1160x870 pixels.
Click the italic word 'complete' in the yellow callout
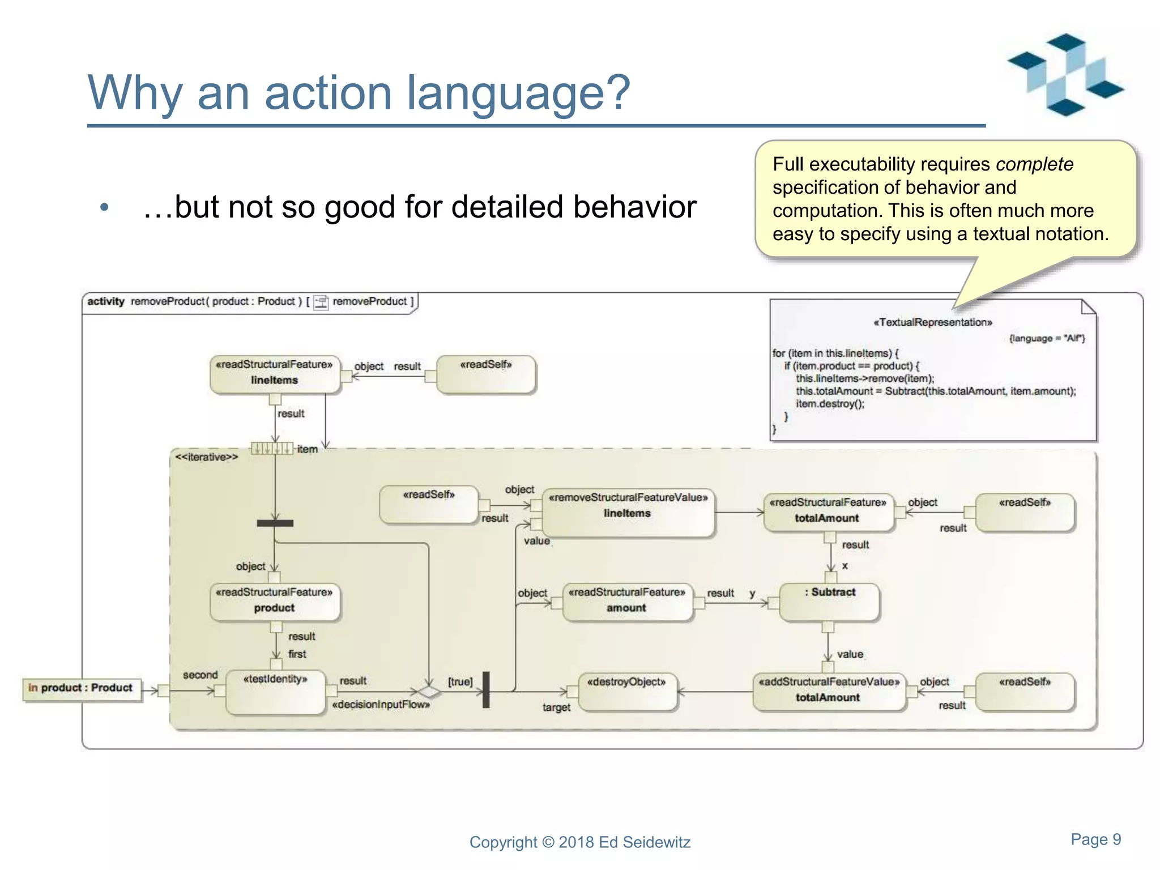[1034, 164]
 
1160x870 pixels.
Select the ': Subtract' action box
[829, 602]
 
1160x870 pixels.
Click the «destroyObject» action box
[628, 691]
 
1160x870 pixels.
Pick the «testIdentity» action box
[275, 692]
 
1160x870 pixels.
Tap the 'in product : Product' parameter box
[82, 688]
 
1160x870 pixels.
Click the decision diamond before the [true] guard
[429, 692]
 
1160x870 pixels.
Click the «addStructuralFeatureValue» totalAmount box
[828, 690]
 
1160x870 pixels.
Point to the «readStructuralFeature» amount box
[626, 602]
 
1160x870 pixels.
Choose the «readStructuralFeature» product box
[275, 602]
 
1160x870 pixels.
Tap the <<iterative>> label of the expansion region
[206, 457]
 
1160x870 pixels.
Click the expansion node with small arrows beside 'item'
[272, 449]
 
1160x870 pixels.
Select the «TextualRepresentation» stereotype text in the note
[932, 322]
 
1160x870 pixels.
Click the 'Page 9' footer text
[1095, 839]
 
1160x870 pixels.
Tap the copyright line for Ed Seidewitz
[579, 842]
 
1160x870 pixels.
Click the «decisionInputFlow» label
[381, 705]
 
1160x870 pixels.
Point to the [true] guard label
[460, 681]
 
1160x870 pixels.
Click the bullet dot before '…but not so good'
[104, 207]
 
